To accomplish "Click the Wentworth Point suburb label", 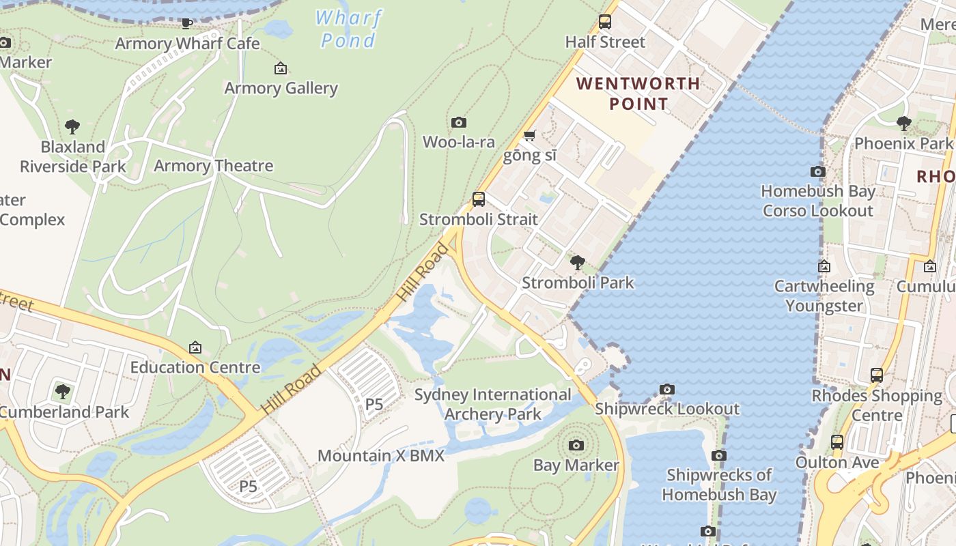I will pos(638,94).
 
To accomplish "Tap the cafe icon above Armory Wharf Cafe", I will pos(186,24).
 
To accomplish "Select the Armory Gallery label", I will pos(281,88).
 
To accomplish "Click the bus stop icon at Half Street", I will pos(604,22).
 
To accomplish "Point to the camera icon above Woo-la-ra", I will pos(459,123).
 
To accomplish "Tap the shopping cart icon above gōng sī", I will pos(529,135).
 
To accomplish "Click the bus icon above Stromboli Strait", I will pos(479,199).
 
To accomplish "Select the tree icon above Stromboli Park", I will pos(578,262).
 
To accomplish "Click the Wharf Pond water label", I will pos(348,29).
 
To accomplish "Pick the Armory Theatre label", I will pos(213,166).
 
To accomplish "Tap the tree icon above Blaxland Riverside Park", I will pos(72,127).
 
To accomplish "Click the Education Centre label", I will pos(195,367).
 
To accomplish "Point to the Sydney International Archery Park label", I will pos(493,404).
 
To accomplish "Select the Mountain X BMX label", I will pos(381,456).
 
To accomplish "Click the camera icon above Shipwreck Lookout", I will pos(667,390).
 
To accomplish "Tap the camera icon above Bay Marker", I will pos(576,446).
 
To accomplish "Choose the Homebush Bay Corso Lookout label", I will pos(818,201).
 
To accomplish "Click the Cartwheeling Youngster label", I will pos(824,296).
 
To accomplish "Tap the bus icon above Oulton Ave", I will pos(837,442).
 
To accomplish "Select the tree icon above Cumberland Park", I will pos(63,392).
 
